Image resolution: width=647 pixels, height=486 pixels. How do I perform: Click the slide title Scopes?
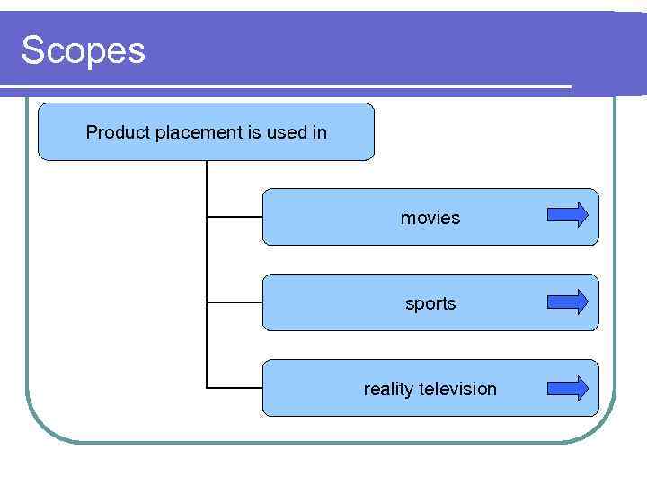83,50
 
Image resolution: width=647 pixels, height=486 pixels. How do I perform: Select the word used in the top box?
287,132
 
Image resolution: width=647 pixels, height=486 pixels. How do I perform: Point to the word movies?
430,218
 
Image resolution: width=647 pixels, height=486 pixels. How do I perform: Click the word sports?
430,303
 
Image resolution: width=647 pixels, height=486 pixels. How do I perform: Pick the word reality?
389,389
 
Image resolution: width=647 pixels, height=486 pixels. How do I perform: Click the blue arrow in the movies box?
568,215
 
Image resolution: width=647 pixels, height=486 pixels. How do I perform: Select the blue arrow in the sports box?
568,301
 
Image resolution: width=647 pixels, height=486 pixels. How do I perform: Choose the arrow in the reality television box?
568,388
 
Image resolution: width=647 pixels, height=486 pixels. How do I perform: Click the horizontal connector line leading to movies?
235,217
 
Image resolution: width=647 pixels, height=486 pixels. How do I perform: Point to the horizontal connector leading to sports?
235,302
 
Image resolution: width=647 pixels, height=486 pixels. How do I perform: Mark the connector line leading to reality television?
235,388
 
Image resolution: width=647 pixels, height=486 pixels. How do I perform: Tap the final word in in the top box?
319,132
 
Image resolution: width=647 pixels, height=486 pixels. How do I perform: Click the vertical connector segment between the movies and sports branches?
207,260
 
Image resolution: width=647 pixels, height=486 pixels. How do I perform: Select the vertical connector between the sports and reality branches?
207,346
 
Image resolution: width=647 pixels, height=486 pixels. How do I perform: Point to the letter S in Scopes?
32,50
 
